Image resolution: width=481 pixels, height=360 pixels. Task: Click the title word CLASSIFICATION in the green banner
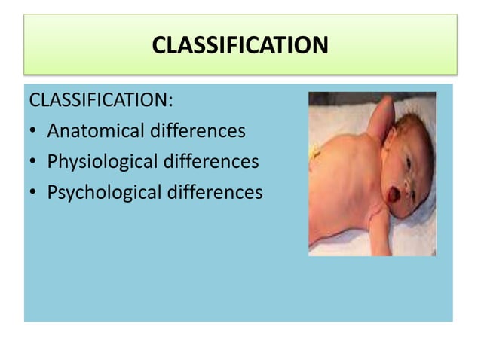240,46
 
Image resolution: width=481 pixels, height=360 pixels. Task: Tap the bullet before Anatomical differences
34,132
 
